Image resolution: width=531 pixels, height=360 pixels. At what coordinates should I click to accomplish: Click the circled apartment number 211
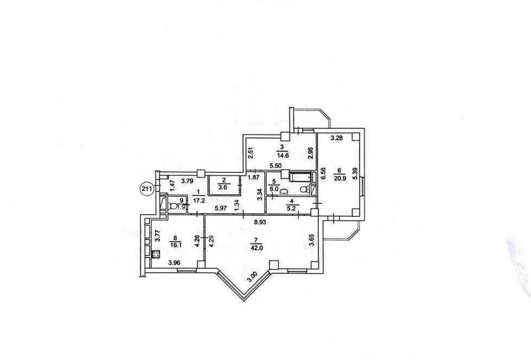tap(146, 189)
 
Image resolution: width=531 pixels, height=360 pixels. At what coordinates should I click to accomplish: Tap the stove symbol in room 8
tap(156, 254)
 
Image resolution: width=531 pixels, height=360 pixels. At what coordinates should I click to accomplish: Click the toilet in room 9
tap(173, 206)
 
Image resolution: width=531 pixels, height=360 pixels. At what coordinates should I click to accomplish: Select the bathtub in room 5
tap(300, 177)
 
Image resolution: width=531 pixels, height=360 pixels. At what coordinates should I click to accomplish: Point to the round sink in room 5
tap(284, 192)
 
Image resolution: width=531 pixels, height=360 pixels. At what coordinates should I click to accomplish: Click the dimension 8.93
tap(260, 222)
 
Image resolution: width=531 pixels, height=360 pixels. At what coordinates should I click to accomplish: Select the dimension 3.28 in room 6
tap(337, 138)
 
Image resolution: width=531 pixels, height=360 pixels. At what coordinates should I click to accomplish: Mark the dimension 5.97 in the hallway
tap(221, 209)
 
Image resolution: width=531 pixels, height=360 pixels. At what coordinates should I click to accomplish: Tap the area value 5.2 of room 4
tap(291, 208)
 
